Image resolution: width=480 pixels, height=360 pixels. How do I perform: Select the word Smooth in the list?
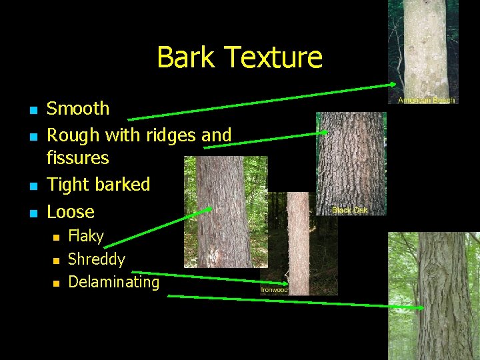[x=78, y=108]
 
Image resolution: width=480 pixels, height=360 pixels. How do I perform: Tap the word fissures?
[x=77, y=158]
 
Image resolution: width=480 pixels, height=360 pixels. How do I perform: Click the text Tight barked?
[x=98, y=185]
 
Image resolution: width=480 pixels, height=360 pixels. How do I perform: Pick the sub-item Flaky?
[x=86, y=236]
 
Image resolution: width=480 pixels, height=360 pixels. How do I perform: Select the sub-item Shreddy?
[x=97, y=259]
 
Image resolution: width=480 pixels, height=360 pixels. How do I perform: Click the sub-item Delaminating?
[x=114, y=282]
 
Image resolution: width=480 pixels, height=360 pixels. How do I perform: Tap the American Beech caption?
[x=427, y=100]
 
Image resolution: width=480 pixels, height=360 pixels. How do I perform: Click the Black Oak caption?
[x=350, y=211]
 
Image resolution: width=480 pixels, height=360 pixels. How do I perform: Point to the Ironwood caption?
[x=274, y=290]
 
